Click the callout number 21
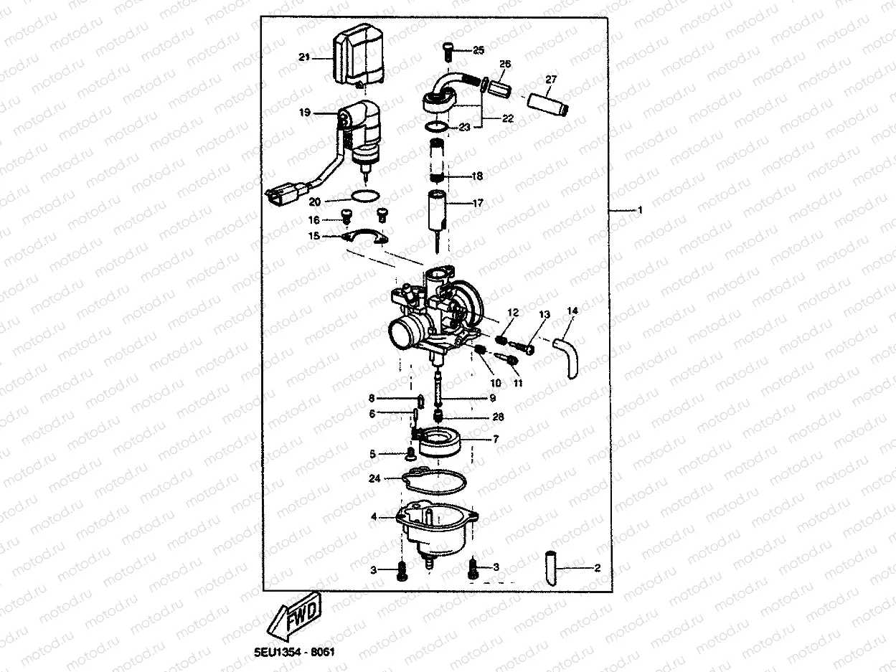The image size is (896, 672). [303, 57]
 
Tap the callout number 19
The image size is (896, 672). [304, 113]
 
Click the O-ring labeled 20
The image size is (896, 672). [366, 195]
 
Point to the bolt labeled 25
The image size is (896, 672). [448, 50]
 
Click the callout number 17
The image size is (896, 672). [478, 203]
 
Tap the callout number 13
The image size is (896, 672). [544, 315]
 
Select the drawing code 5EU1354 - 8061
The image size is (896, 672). [294, 653]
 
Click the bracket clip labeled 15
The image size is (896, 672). [366, 240]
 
